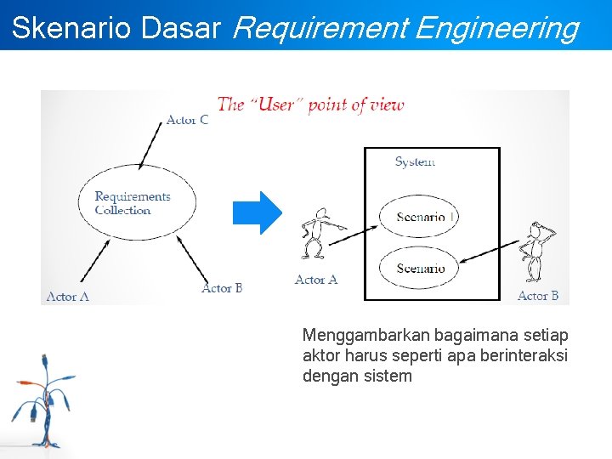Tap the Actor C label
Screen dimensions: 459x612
[187, 120]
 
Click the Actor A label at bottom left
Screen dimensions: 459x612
[68, 297]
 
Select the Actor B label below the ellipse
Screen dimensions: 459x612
[222, 288]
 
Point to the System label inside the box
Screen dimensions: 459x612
[415, 161]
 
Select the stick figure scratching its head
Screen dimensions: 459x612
[535, 251]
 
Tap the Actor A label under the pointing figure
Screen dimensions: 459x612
[316, 280]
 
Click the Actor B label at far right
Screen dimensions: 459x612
[538, 296]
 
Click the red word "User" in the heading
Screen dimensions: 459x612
[275, 105]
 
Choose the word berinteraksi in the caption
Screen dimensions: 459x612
[524, 355]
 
